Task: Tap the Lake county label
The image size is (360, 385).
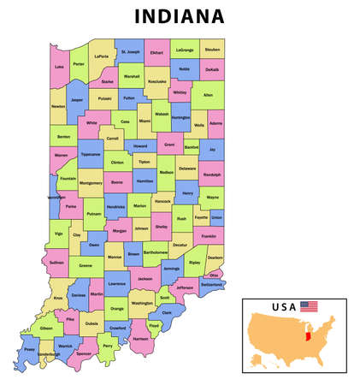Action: [59, 66]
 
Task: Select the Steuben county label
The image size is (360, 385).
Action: [212, 50]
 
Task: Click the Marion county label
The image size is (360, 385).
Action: [139, 205]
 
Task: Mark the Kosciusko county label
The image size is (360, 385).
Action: [156, 81]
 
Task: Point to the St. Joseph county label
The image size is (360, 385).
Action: [130, 52]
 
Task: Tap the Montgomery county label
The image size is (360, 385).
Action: [90, 182]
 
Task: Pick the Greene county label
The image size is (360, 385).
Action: [86, 265]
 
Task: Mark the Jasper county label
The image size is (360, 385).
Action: [78, 99]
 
